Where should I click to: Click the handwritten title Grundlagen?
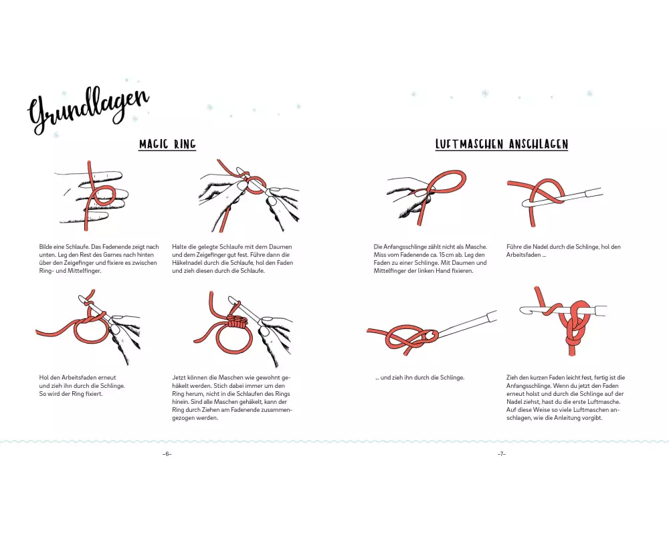click(x=88, y=110)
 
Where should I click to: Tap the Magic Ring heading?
click(x=167, y=144)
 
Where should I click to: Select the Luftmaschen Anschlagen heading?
click(x=501, y=144)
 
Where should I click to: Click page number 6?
click(x=167, y=454)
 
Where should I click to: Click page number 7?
click(x=501, y=454)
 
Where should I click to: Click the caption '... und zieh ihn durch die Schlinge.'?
click(x=420, y=378)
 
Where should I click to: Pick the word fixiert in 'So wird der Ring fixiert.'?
click(x=94, y=394)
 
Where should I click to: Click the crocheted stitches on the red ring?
click(x=237, y=321)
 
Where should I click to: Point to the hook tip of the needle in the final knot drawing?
click(x=523, y=310)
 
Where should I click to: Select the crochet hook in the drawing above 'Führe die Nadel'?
click(x=563, y=199)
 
